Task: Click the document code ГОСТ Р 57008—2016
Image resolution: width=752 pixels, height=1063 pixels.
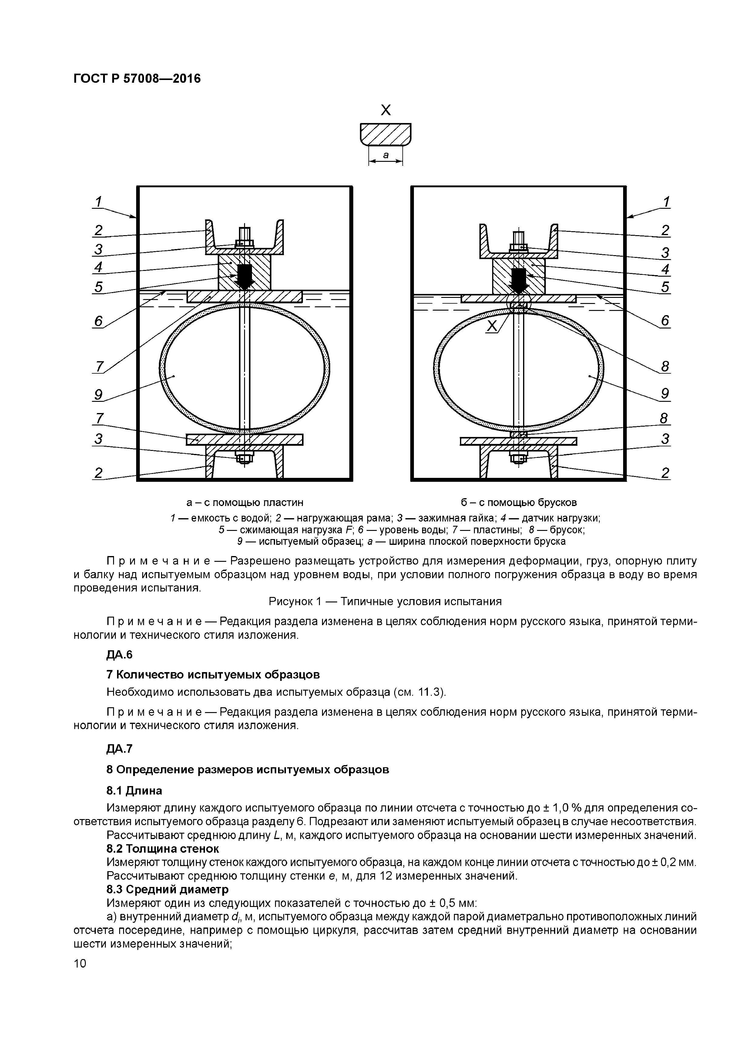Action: (x=137, y=79)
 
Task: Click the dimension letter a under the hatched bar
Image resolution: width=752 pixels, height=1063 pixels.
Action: (x=385, y=155)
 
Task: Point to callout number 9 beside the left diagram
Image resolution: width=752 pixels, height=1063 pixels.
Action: (x=99, y=395)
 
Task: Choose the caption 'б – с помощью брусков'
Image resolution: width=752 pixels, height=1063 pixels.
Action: (x=519, y=502)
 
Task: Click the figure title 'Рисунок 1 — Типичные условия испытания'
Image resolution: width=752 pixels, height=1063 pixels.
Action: (x=385, y=601)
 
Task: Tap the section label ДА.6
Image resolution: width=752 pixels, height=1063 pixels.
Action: (x=119, y=654)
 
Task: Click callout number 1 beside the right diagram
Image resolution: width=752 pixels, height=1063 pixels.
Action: (x=666, y=202)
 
